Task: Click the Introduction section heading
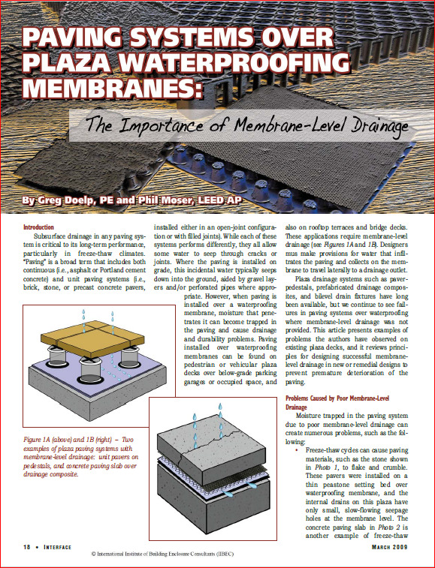(38, 227)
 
